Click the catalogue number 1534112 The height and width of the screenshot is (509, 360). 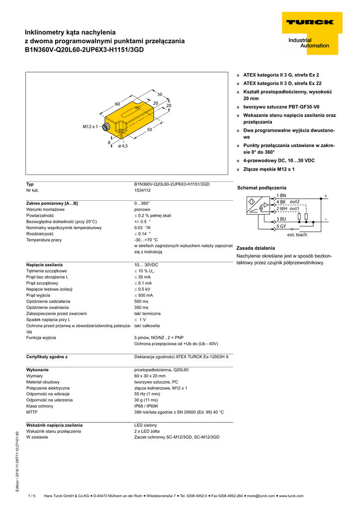pyautogui.click(x=142, y=190)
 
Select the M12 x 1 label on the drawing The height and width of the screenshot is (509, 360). pyautogui.click(x=91, y=127)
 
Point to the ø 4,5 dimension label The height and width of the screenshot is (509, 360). pyautogui.click(x=122, y=146)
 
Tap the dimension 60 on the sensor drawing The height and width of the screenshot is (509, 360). pyautogui.click(x=118, y=104)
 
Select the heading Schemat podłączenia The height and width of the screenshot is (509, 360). pyautogui.click(x=262, y=187)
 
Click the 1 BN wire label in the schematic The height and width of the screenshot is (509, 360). pyautogui.click(x=281, y=196)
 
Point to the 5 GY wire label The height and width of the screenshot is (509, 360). pyautogui.click(x=281, y=226)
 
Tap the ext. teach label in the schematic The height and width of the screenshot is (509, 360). pyautogui.click(x=297, y=235)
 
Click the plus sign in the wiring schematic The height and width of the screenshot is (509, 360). pyautogui.click(x=326, y=196)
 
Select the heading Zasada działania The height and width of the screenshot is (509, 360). pyautogui.click(x=256, y=248)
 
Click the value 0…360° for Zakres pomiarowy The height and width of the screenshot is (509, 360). pyautogui.click(x=142, y=203)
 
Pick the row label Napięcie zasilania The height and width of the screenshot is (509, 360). pyautogui.click(x=44, y=265)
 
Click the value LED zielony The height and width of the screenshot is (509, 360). pyautogui.click(x=145, y=425)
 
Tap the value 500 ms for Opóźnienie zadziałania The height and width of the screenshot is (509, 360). pyautogui.click(x=141, y=301)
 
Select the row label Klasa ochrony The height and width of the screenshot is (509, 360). pyautogui.click(x=41, y=406)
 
